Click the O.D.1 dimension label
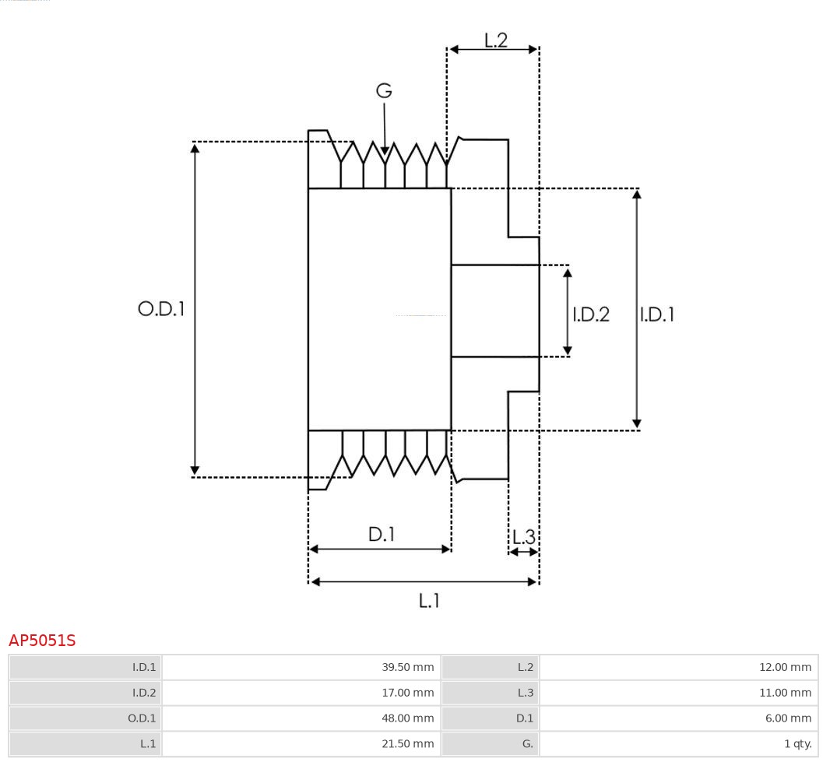[161, 309]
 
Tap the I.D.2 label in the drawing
[591, 314]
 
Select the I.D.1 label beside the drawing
[657, 314]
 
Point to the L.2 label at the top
[496, 40]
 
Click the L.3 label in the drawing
[524, 537]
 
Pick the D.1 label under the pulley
[382, 535]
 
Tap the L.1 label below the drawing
[430, 600]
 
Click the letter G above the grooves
[384, 91]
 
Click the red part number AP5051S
[42, 641]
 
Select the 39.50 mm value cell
[301, 667]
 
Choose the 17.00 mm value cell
[301, 693]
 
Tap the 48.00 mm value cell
[301, 718]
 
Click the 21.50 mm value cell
[301, 744]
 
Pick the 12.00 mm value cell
[678, 667]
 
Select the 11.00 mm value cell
[678, 693]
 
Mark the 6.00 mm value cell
[678, 718]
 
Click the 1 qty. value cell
[678, 744]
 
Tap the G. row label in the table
[490, 744]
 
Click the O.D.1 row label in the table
[86, 718]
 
